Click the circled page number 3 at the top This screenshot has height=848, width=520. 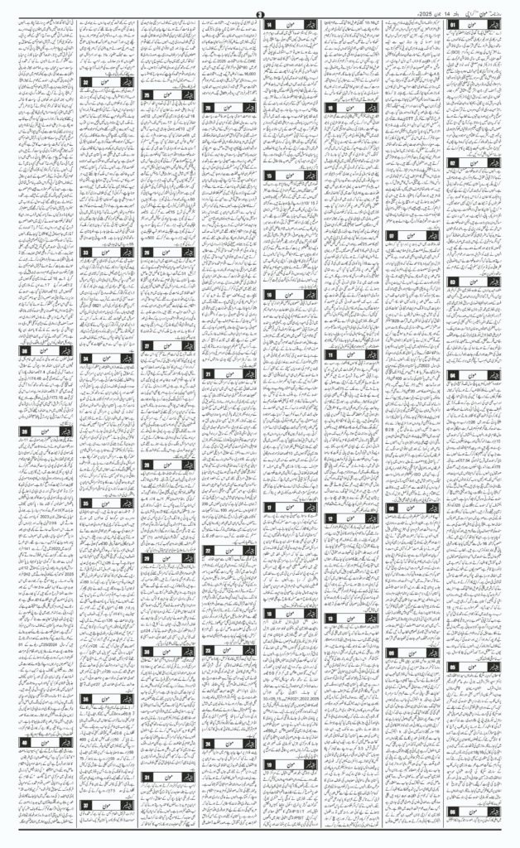(x=260, y=11)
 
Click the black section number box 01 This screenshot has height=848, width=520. (x=455, y=26)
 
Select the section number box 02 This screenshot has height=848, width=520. (x=455, y=163)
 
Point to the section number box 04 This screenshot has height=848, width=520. (x=455, y=375)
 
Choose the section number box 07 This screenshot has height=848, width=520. (x=393, y=236)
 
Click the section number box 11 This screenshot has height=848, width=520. (x=331, y=354)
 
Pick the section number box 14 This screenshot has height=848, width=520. (x=271, y=26)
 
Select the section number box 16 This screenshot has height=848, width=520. (x=271, y=294)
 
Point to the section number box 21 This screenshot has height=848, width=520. (x=209, y=374)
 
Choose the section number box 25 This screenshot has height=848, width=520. (x=148, y=95)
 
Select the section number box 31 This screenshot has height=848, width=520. (x=148, y=778)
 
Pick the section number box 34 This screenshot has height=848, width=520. (x=86, y=358)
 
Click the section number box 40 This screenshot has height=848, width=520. (x=26, y=744)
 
